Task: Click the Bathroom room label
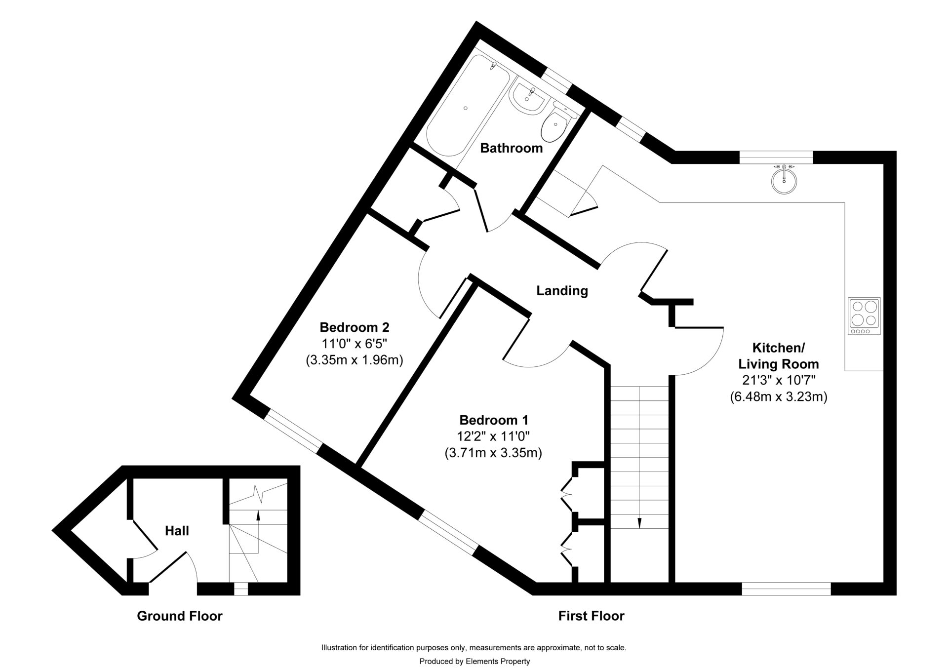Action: coord(511,148)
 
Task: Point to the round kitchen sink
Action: coord(784,181)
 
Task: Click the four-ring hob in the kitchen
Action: coord(864,315)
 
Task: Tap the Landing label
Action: coord(562,291)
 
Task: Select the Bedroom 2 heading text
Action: coord(354,327)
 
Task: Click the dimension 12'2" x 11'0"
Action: coord(493,436)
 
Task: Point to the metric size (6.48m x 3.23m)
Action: coord(778,396)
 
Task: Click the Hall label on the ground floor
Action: coord(177,531)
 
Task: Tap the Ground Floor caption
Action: coord(180,616)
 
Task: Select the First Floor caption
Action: coord(591,616)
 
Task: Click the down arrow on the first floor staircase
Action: coord(639,522)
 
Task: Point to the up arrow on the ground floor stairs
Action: coord(257,515)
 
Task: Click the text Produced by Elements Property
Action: coord(474,661)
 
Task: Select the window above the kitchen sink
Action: coord(776,157)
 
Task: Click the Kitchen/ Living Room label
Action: coord(778,356)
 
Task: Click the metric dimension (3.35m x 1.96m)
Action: coord(354,360)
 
